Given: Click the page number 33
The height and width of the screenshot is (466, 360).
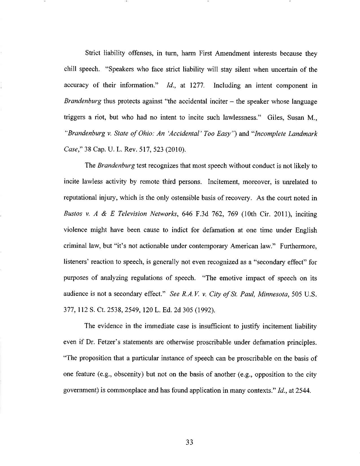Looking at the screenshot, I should tap(189, 442).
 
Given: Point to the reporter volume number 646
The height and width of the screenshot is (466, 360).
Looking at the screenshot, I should tap(188, 214).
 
